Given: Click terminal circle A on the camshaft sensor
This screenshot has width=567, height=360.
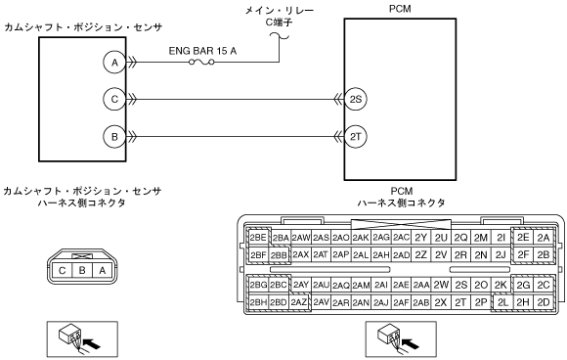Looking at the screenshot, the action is click(114, 63).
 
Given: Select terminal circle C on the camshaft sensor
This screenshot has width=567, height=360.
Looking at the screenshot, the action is click(114, 99).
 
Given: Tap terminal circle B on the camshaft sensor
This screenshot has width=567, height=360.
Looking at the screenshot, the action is click(114, 137).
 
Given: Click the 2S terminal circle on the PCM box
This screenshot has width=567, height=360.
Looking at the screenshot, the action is click(356, 99).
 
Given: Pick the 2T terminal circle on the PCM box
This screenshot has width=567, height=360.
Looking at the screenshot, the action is click(356, 137).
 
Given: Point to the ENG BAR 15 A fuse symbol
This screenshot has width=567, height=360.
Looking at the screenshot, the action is click(201, 63).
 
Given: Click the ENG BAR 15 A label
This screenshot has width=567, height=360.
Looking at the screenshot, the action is click(202, 51).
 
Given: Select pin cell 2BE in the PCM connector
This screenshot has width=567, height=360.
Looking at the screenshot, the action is click(258, 238).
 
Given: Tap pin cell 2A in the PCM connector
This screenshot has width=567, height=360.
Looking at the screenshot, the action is click(544, 238).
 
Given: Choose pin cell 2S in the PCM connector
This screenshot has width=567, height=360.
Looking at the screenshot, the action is click(460, 285).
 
